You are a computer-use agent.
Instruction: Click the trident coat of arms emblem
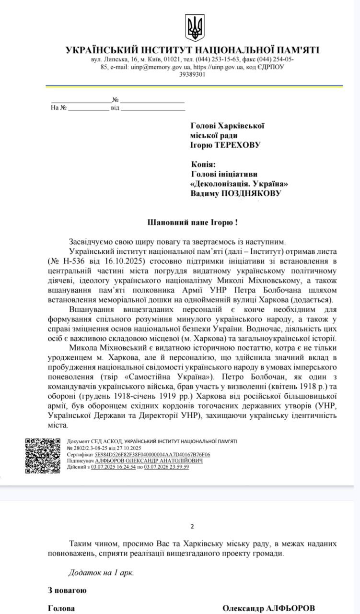pyautogui.click(x=195, y=27)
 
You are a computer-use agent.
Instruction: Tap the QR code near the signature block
pyautogui.click(x=43, y=456)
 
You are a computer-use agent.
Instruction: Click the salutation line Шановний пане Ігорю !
pyautogui.click(x=192, y=223)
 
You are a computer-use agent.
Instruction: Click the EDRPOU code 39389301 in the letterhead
pyautogui.click(x=193, y=74)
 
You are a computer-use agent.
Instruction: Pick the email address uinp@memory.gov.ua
pyautogui.click(x=151, y=67)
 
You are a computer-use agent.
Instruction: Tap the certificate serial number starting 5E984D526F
pyautogui.click(x=152, y=454)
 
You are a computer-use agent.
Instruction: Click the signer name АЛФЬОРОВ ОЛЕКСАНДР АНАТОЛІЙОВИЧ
pyautogui.click(x=149, y=460)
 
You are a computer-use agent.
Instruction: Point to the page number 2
pyautogui.click(x=192, y=526)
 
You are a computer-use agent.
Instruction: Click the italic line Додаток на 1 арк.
pyautogui.click(x=101, y=572)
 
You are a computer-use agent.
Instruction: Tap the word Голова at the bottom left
pyautogui.click(x=61, y=608)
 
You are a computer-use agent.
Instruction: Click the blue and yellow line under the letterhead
pyautogui.click(x=194, y=86)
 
